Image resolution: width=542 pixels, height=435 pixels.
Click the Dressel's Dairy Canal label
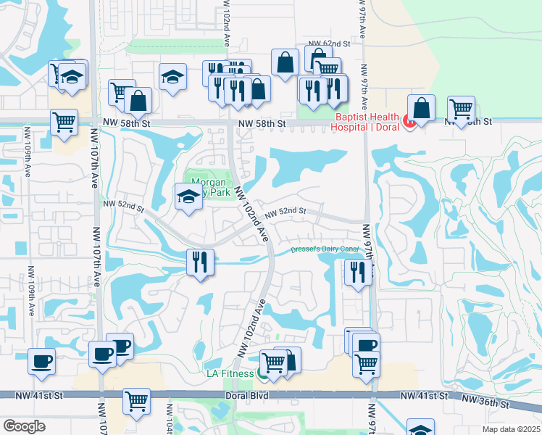point(325,249)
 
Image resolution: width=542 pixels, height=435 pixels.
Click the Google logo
point(23,426)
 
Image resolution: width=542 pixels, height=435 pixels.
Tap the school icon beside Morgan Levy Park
point(188,195)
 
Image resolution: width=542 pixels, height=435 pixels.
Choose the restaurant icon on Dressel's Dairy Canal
point(201,261)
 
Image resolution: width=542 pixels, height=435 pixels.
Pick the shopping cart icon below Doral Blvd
point(136,400)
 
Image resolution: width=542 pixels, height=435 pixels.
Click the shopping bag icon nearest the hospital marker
point(421,108)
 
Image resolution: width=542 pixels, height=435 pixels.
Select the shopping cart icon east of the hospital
point(461,109)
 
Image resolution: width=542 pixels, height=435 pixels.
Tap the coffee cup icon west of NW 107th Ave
point(41,360)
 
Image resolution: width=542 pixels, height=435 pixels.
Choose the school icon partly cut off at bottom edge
point(420,428)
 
